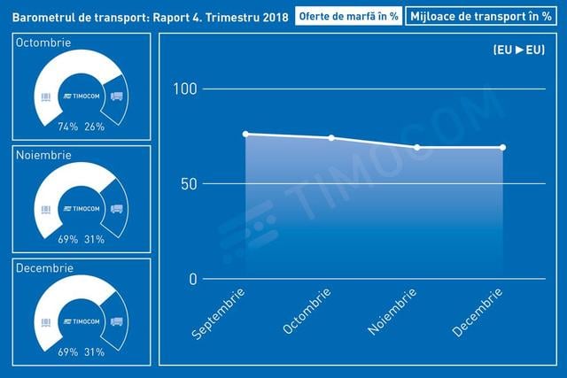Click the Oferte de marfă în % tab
[x=348, y=16]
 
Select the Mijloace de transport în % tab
[x=481, y=16]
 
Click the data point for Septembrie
[x=245, y=134]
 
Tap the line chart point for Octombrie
[x=331, y=138]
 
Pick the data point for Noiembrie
[x=417, y=148]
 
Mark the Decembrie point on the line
[x=502, y=148]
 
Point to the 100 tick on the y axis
[x=185, y=89]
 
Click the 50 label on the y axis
[x=189, y=184]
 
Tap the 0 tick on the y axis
[x=193, y=279]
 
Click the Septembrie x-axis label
[x=218, y=313]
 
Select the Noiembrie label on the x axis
[x=392, y=312]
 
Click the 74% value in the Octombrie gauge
[x=68, y=127]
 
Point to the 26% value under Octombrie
[x=95, y=127]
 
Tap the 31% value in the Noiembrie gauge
[x=95, y=239]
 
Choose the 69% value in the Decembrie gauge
[x=68, y=352]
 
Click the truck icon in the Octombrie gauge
[x=116, y=96]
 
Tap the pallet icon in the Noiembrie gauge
[x=46, y=210]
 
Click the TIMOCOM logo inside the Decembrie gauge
[x=82, y=321]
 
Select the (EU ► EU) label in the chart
[x=519, y=50]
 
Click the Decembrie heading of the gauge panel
[x=44, y=267]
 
